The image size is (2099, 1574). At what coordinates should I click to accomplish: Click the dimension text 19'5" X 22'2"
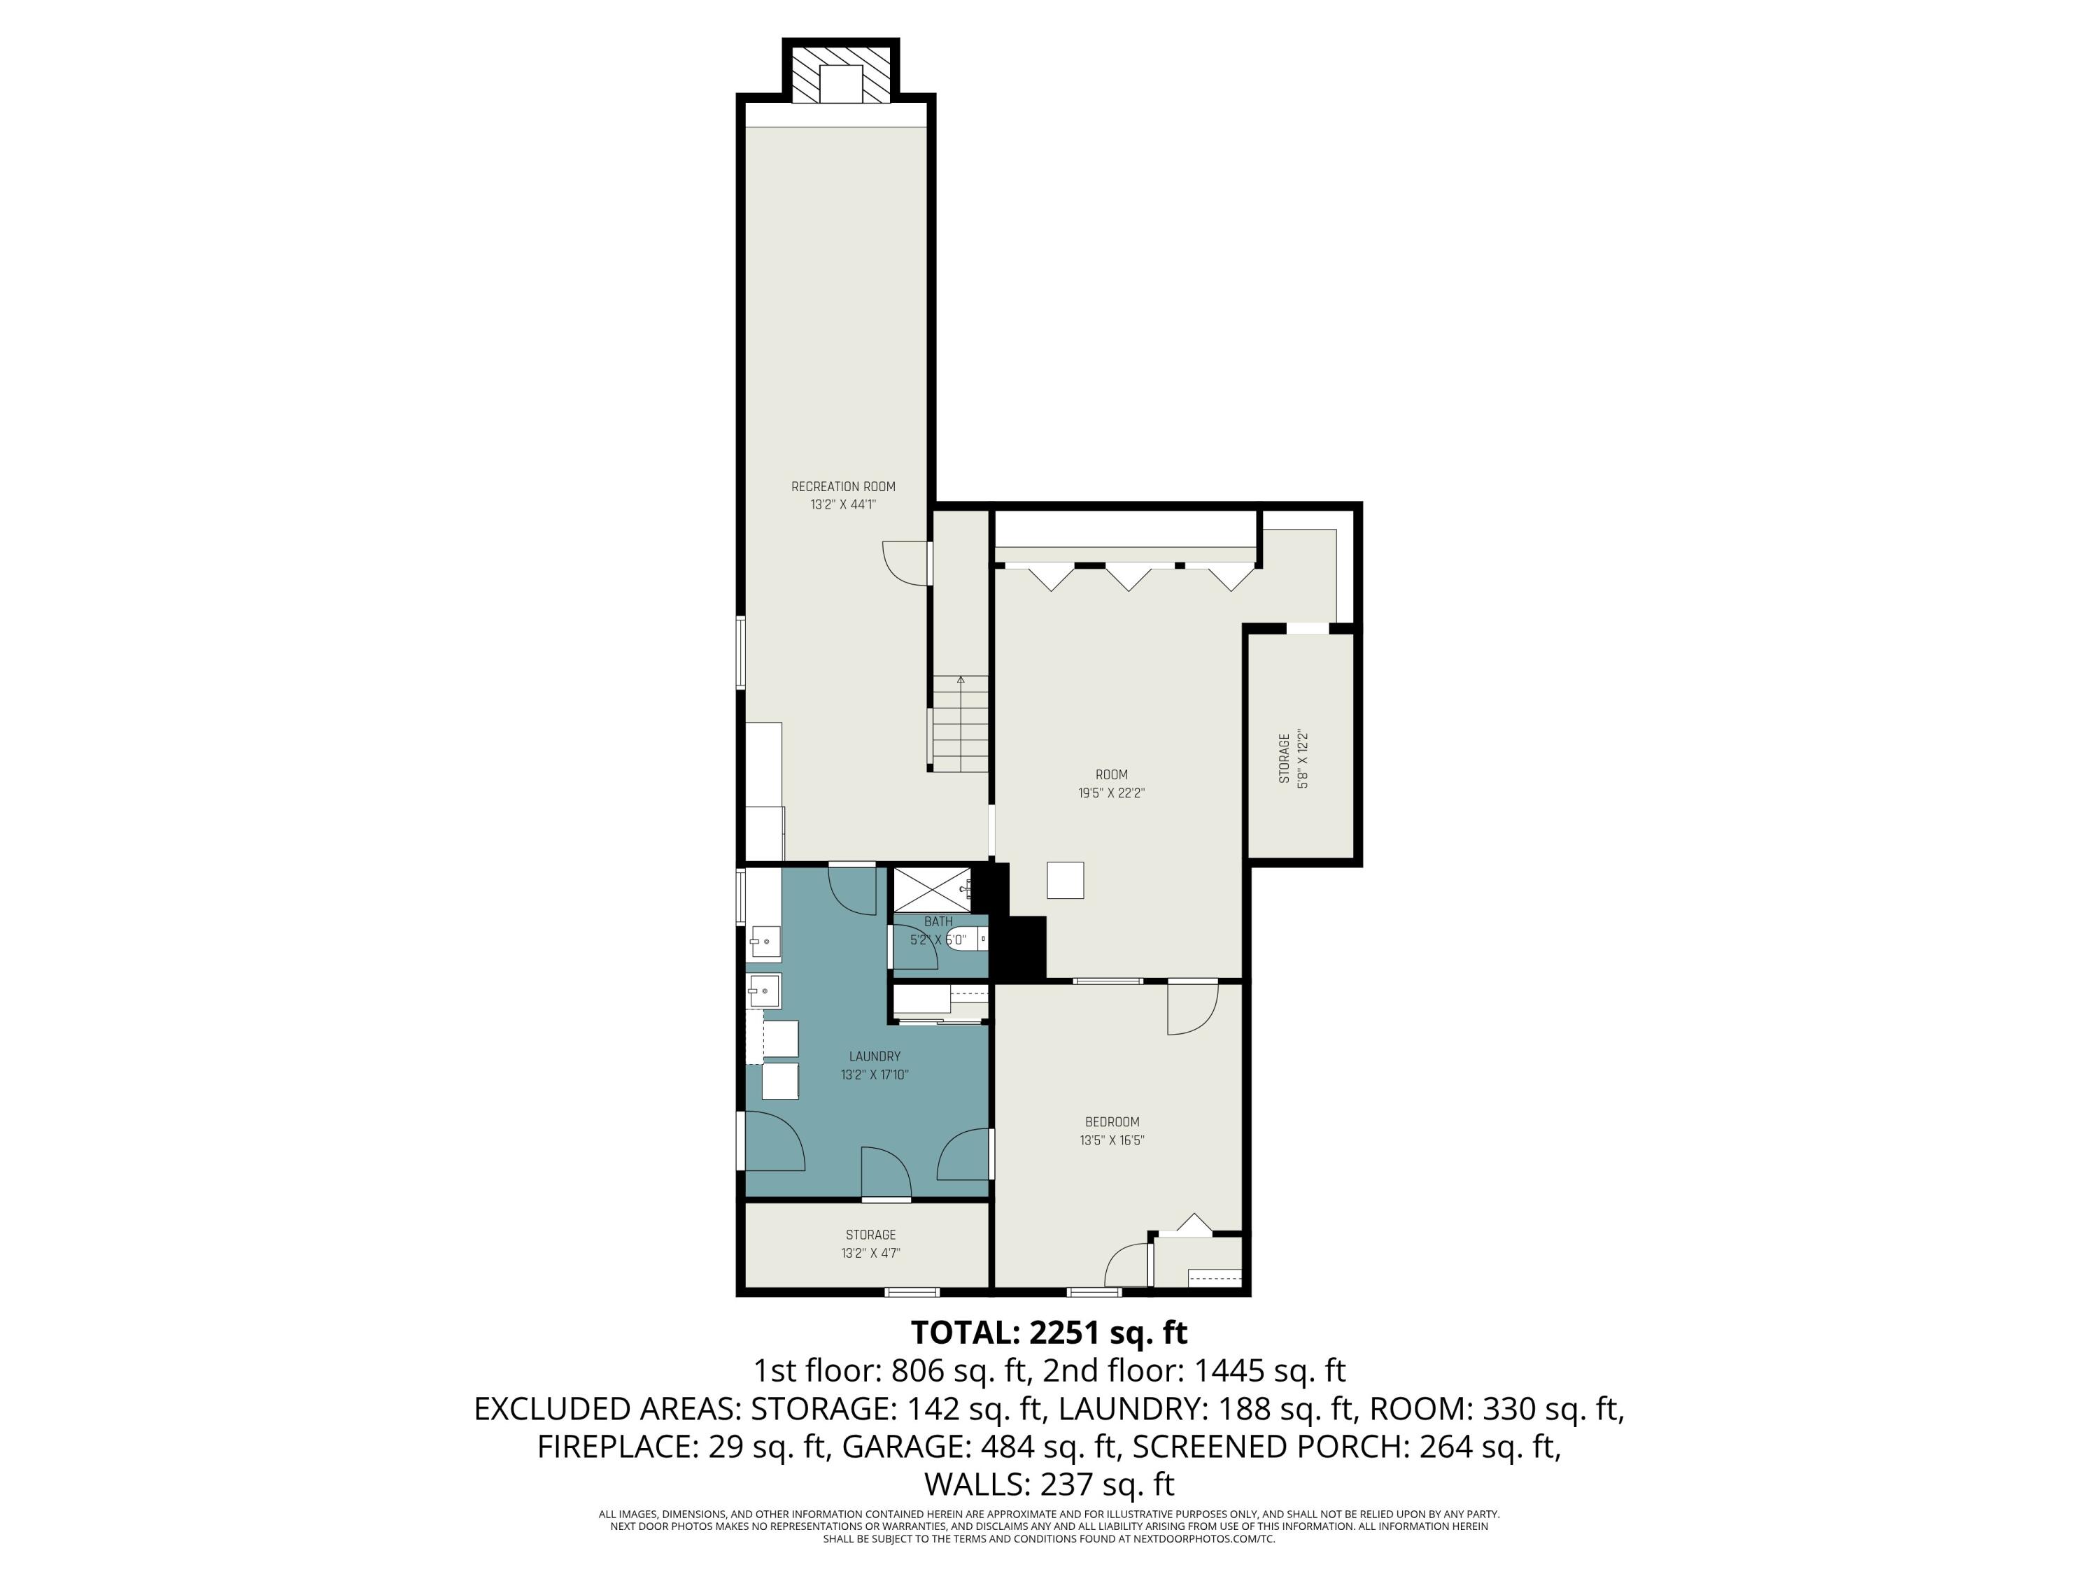coord(1111,793)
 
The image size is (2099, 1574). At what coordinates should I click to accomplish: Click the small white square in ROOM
coord(1065,879)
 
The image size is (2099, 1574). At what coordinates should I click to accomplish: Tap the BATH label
coord(938,921)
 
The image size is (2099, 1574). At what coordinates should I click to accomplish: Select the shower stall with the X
coord(930,889)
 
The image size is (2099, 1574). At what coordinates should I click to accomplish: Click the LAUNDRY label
coord(874,1056)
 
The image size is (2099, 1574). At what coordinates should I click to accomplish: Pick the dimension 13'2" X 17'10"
coord(874,1075)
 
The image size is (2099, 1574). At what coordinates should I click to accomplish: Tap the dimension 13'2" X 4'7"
coord(870,1252)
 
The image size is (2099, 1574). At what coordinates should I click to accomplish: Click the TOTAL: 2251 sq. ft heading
coord(1049,1332)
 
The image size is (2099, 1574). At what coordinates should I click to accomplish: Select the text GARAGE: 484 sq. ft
coord(977,1446)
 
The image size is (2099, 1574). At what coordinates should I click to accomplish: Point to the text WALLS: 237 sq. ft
coord(1049,1483)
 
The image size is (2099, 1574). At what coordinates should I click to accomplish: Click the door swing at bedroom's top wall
coord(1192,1009)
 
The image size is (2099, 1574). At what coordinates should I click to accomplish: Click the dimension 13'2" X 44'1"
coord(842,505)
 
